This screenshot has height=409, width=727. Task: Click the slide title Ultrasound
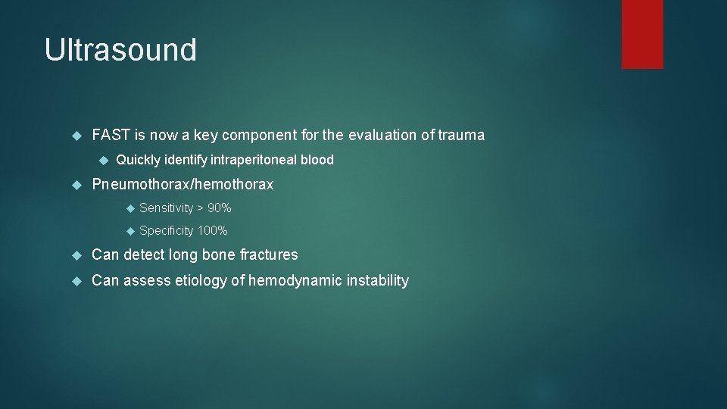pos(120,50)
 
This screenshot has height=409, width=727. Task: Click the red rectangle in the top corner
pos(642,33)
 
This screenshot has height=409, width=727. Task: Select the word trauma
pos(460,136)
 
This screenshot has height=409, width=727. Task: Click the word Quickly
pos(138,160)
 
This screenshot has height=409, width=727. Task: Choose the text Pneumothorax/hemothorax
pos(183,184)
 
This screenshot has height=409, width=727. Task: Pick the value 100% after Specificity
pos(212,230)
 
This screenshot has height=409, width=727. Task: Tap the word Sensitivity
pos(167,208)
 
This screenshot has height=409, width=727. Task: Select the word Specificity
pos(167,230)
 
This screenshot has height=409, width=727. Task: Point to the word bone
pos(219,254)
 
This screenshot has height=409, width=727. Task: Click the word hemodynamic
pos(295,281)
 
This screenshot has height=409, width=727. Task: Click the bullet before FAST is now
pos(75,136)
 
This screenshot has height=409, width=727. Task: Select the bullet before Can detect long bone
pos(75,254)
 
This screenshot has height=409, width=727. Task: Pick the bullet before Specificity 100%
pos(129,230)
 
